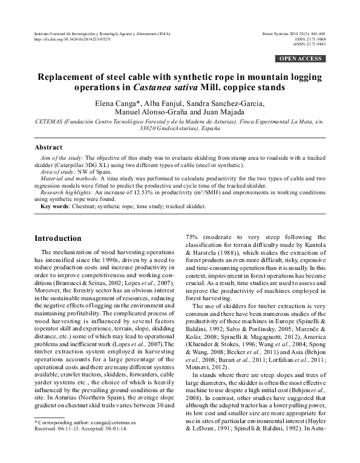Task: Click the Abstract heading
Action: pos(50,147)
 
